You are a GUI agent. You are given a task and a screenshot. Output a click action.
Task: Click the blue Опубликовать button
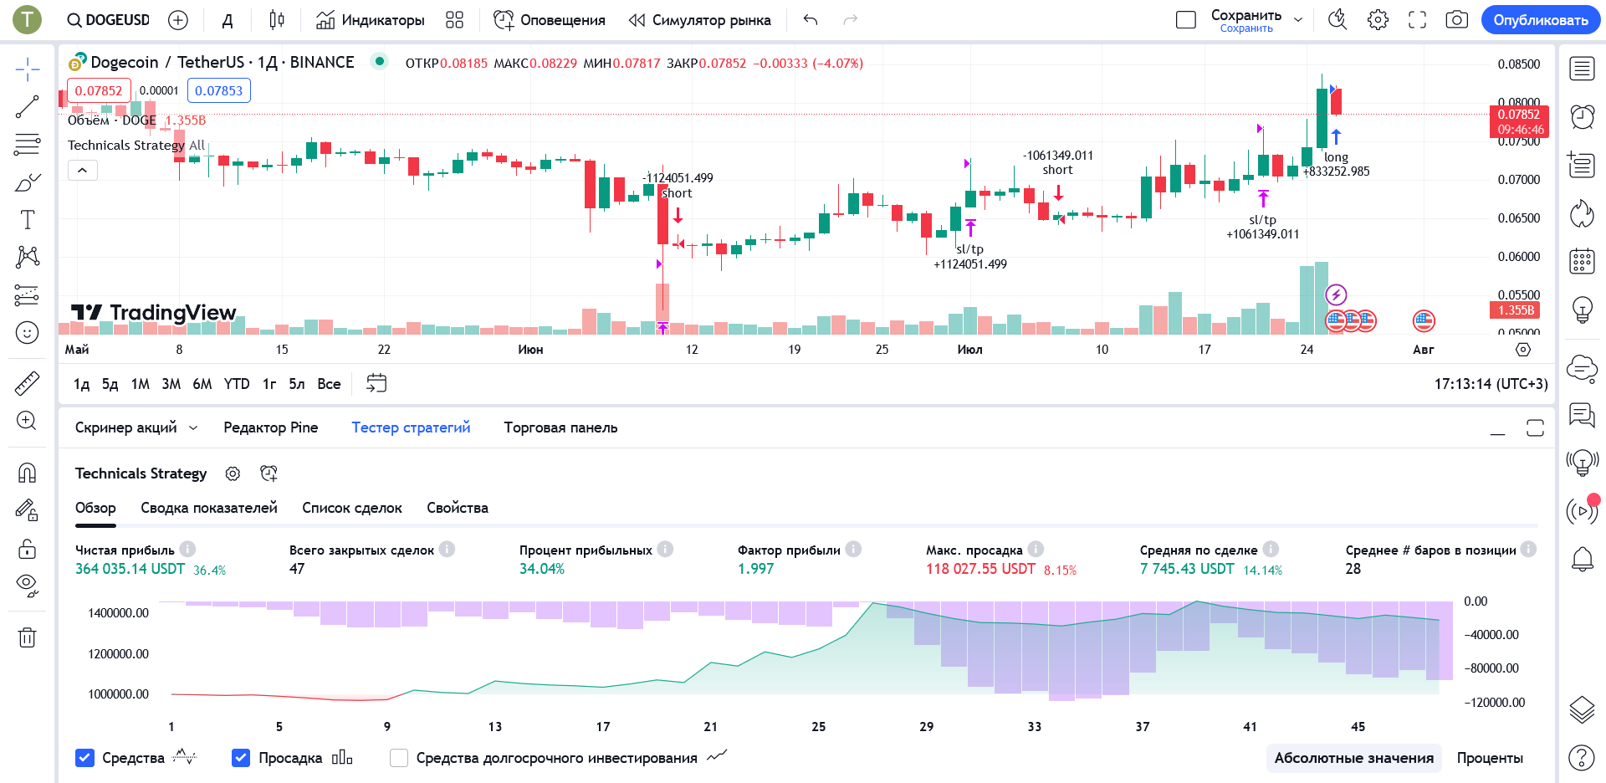point(1540,20)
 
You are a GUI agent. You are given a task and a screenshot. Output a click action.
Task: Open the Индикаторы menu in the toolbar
point(371,20)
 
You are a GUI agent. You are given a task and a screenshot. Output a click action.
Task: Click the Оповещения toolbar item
point(550,20)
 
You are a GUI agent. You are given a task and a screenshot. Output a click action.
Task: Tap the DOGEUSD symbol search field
point(109,20)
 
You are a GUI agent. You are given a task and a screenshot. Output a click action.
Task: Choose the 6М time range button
point(202,384)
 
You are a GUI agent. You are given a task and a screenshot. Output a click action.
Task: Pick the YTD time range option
point(237,384)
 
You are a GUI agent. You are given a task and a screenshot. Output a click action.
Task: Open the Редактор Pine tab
point(270,427)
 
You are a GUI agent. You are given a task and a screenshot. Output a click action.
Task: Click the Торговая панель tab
point(560,427)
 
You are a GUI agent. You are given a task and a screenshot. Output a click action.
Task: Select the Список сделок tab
point(351,508)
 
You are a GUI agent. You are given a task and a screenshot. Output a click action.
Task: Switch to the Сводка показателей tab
point(208,508)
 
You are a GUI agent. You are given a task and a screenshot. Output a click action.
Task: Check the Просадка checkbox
point(241,758)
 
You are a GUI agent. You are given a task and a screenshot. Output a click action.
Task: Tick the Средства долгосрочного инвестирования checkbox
point(399,758)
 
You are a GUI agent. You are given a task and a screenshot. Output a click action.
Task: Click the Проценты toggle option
point(1490,758)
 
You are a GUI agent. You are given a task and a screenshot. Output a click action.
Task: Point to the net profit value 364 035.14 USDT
point(130,569)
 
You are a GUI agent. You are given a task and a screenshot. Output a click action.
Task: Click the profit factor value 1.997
point(755,569)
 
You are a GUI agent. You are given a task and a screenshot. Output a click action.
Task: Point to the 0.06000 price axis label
point(1518,257)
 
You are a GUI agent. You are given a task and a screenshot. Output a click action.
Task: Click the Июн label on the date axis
point(530,350)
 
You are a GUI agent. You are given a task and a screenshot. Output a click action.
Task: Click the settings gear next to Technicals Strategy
point(233,473)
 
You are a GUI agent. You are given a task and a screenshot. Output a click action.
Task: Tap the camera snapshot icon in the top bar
point(1456,20)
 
